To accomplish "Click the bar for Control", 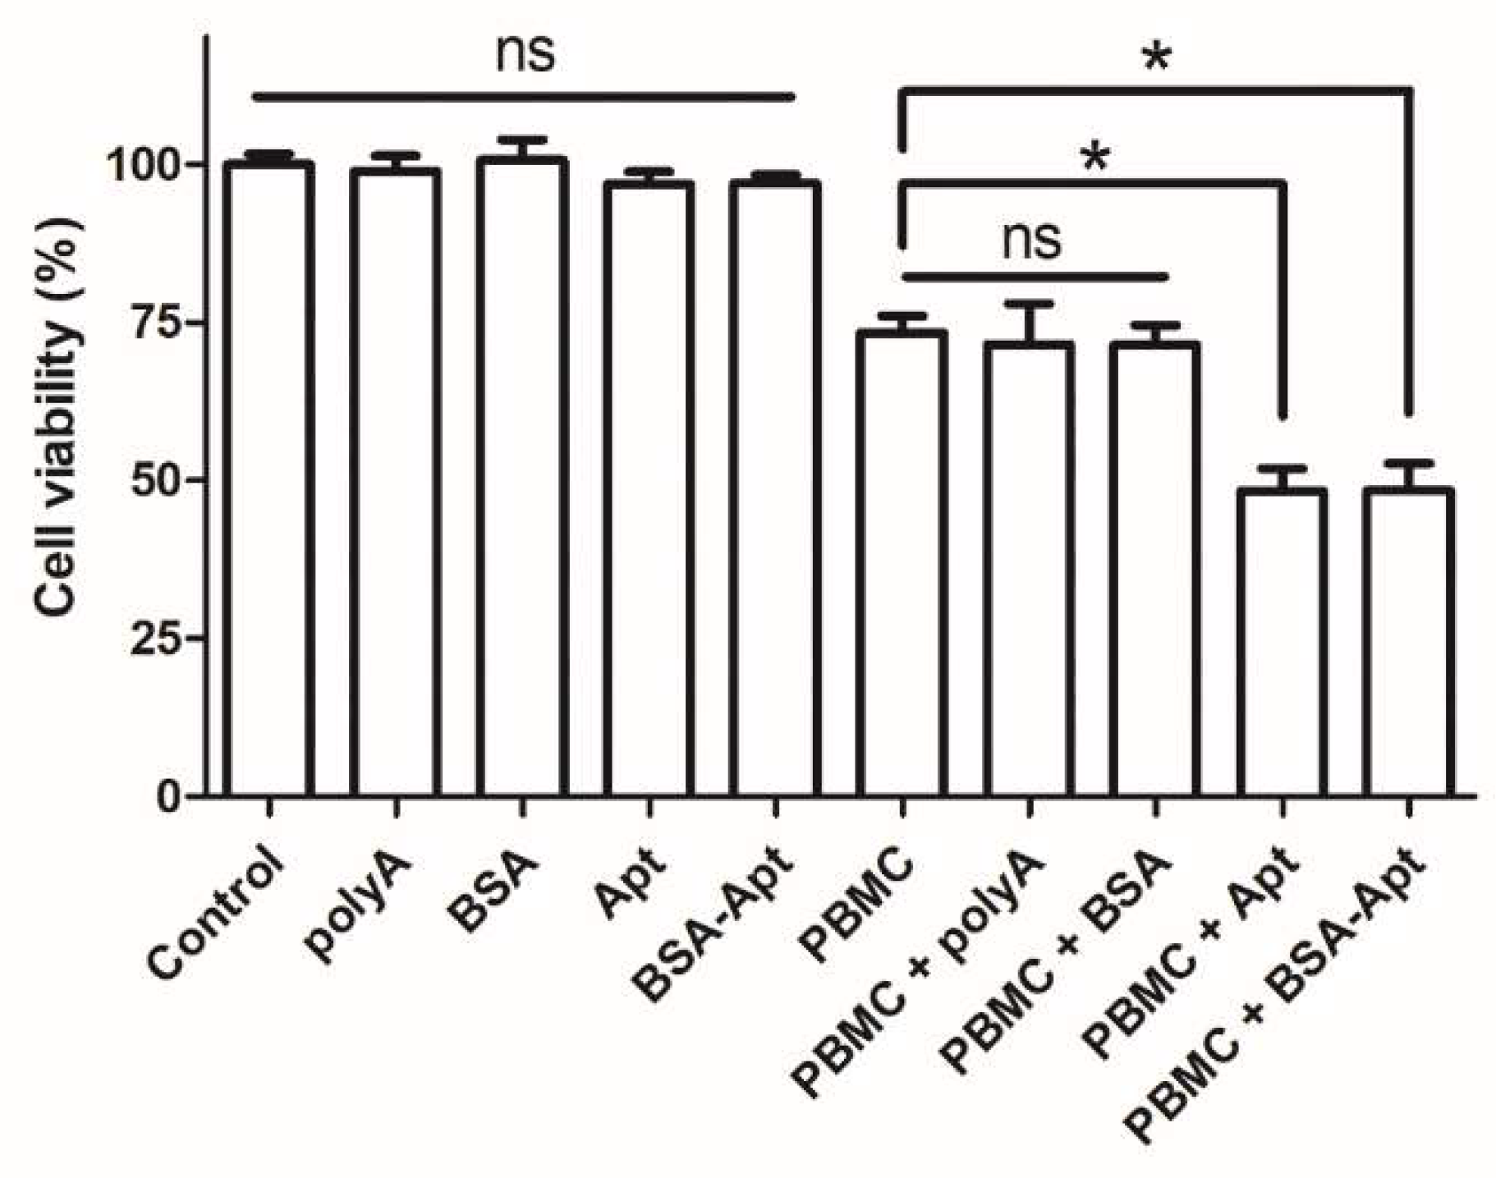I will tap(268, 480).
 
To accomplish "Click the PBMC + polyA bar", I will tap(1029, 570).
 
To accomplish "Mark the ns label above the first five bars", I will tap(525, 53).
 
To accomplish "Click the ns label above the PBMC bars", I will tap(1031, 240).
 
